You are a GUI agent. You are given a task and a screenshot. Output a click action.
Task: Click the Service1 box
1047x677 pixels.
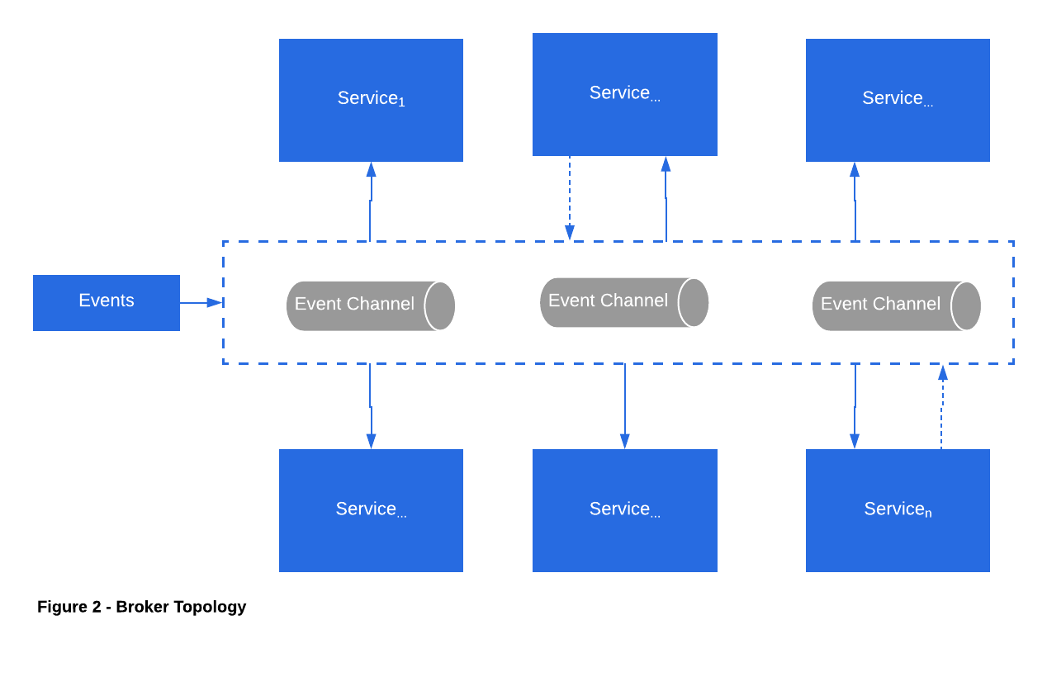(x=371, y=100)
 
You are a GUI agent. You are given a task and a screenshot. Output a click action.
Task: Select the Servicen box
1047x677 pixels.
(x=898, y=510)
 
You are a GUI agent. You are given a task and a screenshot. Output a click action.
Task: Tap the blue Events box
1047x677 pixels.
(x=107, y=303)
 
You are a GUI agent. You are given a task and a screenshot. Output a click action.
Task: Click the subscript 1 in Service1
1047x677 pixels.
(x=401, y=102)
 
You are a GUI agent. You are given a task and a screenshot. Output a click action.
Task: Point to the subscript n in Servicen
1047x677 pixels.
(x=928, y=514)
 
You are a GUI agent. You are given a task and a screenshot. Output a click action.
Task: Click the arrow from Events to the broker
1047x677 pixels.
(x=201, y=303)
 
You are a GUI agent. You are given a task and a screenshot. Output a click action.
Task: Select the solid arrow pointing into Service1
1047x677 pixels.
(x=371, y=201)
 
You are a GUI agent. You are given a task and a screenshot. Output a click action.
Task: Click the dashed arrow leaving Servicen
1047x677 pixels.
(x=942, y=406)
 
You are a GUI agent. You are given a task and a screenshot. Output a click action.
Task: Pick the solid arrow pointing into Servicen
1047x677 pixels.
(x=855, y=406)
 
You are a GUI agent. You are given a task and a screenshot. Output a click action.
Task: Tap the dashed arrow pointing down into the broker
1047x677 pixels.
(x=569, y=198)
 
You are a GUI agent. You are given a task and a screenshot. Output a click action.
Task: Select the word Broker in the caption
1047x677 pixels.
(x=142, y=607)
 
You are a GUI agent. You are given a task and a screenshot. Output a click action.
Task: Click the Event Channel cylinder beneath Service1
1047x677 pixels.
(x=371, y=306)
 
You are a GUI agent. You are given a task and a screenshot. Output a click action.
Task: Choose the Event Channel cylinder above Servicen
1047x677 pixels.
(x=897, y=306)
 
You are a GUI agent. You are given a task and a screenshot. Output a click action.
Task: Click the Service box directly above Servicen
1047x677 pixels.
(x=898, y=100)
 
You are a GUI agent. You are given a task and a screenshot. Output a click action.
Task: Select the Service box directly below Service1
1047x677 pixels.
(x=371, y=510)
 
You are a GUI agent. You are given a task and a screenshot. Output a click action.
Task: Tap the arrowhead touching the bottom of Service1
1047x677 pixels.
(x=371, y=169)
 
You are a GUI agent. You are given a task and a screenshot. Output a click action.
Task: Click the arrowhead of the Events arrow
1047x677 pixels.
(x=216, y=303)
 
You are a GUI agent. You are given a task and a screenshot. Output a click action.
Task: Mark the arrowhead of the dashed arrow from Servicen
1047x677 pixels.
(x=943, y=372)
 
